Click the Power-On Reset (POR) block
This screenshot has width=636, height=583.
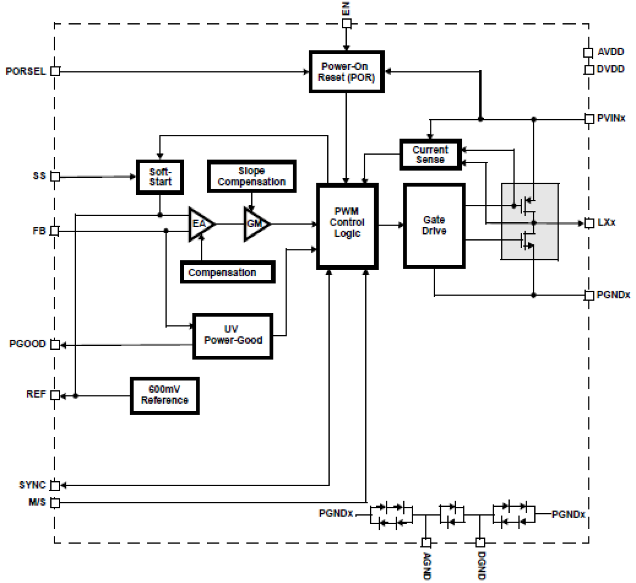346,72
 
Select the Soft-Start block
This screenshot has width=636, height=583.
160,177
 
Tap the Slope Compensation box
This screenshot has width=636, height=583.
252,176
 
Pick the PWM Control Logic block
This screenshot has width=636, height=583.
347,226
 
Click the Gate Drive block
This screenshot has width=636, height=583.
434,226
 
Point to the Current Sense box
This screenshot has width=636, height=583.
430,155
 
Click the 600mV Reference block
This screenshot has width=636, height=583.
165,395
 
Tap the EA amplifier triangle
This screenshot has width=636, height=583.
200,224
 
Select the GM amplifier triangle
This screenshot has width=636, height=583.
255,224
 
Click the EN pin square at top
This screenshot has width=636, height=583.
346,23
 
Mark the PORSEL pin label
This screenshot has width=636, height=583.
25,71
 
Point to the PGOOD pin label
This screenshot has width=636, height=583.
27,344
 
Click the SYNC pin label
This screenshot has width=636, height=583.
32,485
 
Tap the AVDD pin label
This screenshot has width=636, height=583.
611,52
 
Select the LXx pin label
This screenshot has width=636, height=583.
607,223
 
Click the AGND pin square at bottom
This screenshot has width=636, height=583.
426,543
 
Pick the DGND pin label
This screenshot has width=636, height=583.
481,566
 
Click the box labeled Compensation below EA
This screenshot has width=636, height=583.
228,272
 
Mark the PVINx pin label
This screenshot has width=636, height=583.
611,118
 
